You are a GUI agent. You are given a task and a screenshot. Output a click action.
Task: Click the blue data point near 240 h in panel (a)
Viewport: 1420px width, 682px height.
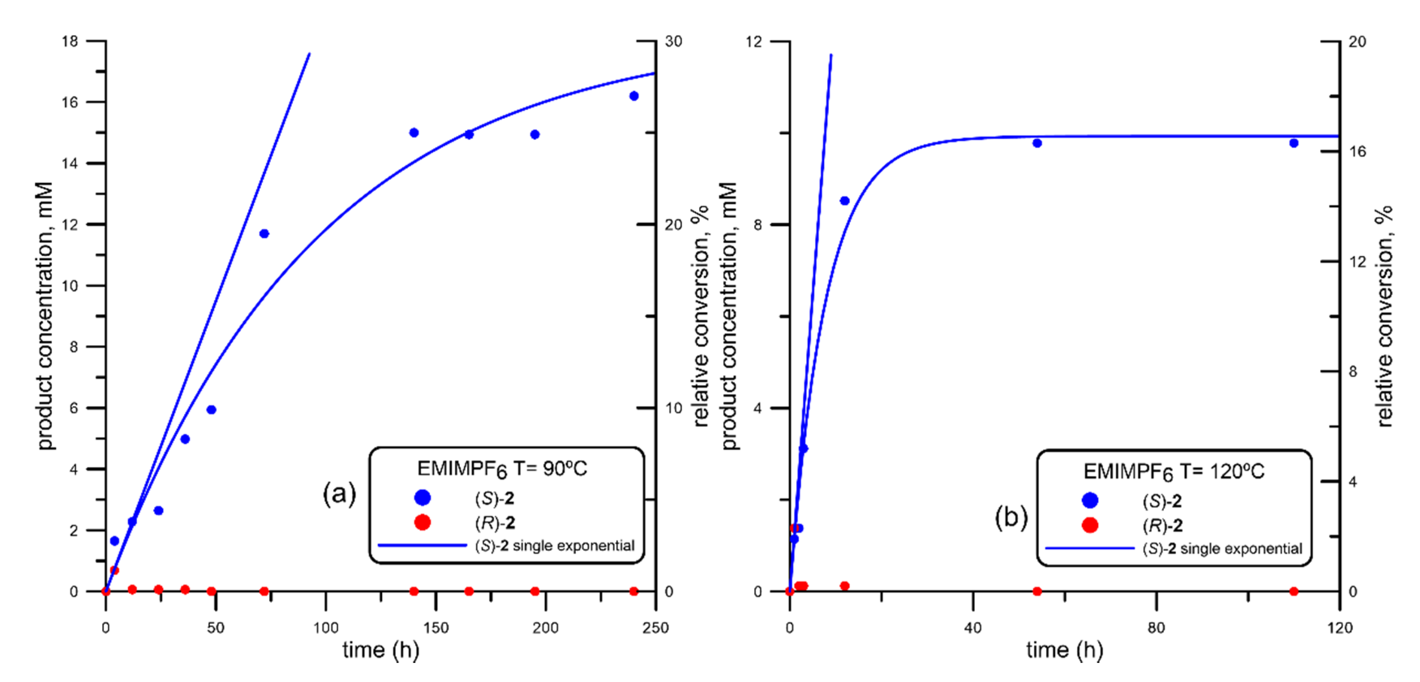point(634,96)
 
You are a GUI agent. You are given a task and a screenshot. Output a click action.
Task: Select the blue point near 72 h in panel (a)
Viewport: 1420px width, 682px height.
point(264,234)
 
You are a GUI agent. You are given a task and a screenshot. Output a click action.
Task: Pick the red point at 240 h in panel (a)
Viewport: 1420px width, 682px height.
point(634,592)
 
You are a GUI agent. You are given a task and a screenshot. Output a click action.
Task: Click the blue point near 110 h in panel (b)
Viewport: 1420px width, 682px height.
point(1294,143)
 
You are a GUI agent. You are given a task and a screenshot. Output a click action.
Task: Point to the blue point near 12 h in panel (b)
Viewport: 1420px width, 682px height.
point(845,201)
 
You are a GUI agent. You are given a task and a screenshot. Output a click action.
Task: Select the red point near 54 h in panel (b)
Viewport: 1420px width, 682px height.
point(1037,592)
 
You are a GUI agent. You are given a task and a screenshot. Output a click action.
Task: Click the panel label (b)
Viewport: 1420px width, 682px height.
point(1011,517)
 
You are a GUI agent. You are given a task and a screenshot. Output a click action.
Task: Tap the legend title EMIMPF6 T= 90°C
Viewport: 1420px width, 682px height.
point(502,469)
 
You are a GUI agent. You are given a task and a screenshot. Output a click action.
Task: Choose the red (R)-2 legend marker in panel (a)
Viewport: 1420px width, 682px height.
point(422,522)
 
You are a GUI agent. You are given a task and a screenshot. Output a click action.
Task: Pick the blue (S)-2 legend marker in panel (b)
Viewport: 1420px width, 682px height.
point(1090,500)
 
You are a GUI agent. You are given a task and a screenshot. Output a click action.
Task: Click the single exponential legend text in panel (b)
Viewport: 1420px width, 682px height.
point(1222,549)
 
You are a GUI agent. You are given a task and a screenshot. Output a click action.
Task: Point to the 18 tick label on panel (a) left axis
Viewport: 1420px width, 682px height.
point(70,41)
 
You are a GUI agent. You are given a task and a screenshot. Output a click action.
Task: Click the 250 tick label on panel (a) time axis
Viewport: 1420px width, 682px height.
point(655,628)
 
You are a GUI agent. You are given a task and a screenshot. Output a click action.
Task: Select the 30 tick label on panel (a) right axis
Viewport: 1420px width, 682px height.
point(673,41)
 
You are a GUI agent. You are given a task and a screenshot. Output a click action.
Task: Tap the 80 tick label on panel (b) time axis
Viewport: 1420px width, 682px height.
point(1156,628)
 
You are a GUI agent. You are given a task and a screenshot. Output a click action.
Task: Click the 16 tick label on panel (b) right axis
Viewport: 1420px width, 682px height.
point(1358,151)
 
